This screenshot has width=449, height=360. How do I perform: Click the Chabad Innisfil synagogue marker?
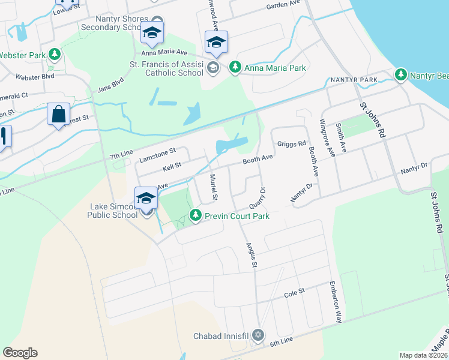[x=258, y=335]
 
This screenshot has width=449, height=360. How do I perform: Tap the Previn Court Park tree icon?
[x=195, y=215]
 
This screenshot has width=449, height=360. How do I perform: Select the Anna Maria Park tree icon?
[x=237, y=68]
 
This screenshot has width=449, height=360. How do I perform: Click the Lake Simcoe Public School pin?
[x=146, y=197]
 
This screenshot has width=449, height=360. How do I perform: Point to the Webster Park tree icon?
[x=55, y=55]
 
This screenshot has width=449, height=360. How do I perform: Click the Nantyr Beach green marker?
[x=401, y=75]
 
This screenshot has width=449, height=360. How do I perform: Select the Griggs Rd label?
[x=292, y=144]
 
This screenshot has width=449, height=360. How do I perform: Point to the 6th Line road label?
[x=281, y=340]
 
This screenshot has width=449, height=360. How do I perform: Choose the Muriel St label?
[x=214, y=187]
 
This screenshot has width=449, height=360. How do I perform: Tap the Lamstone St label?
[x=157, y=155]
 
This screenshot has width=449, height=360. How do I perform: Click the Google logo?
[x=20, y=353]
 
